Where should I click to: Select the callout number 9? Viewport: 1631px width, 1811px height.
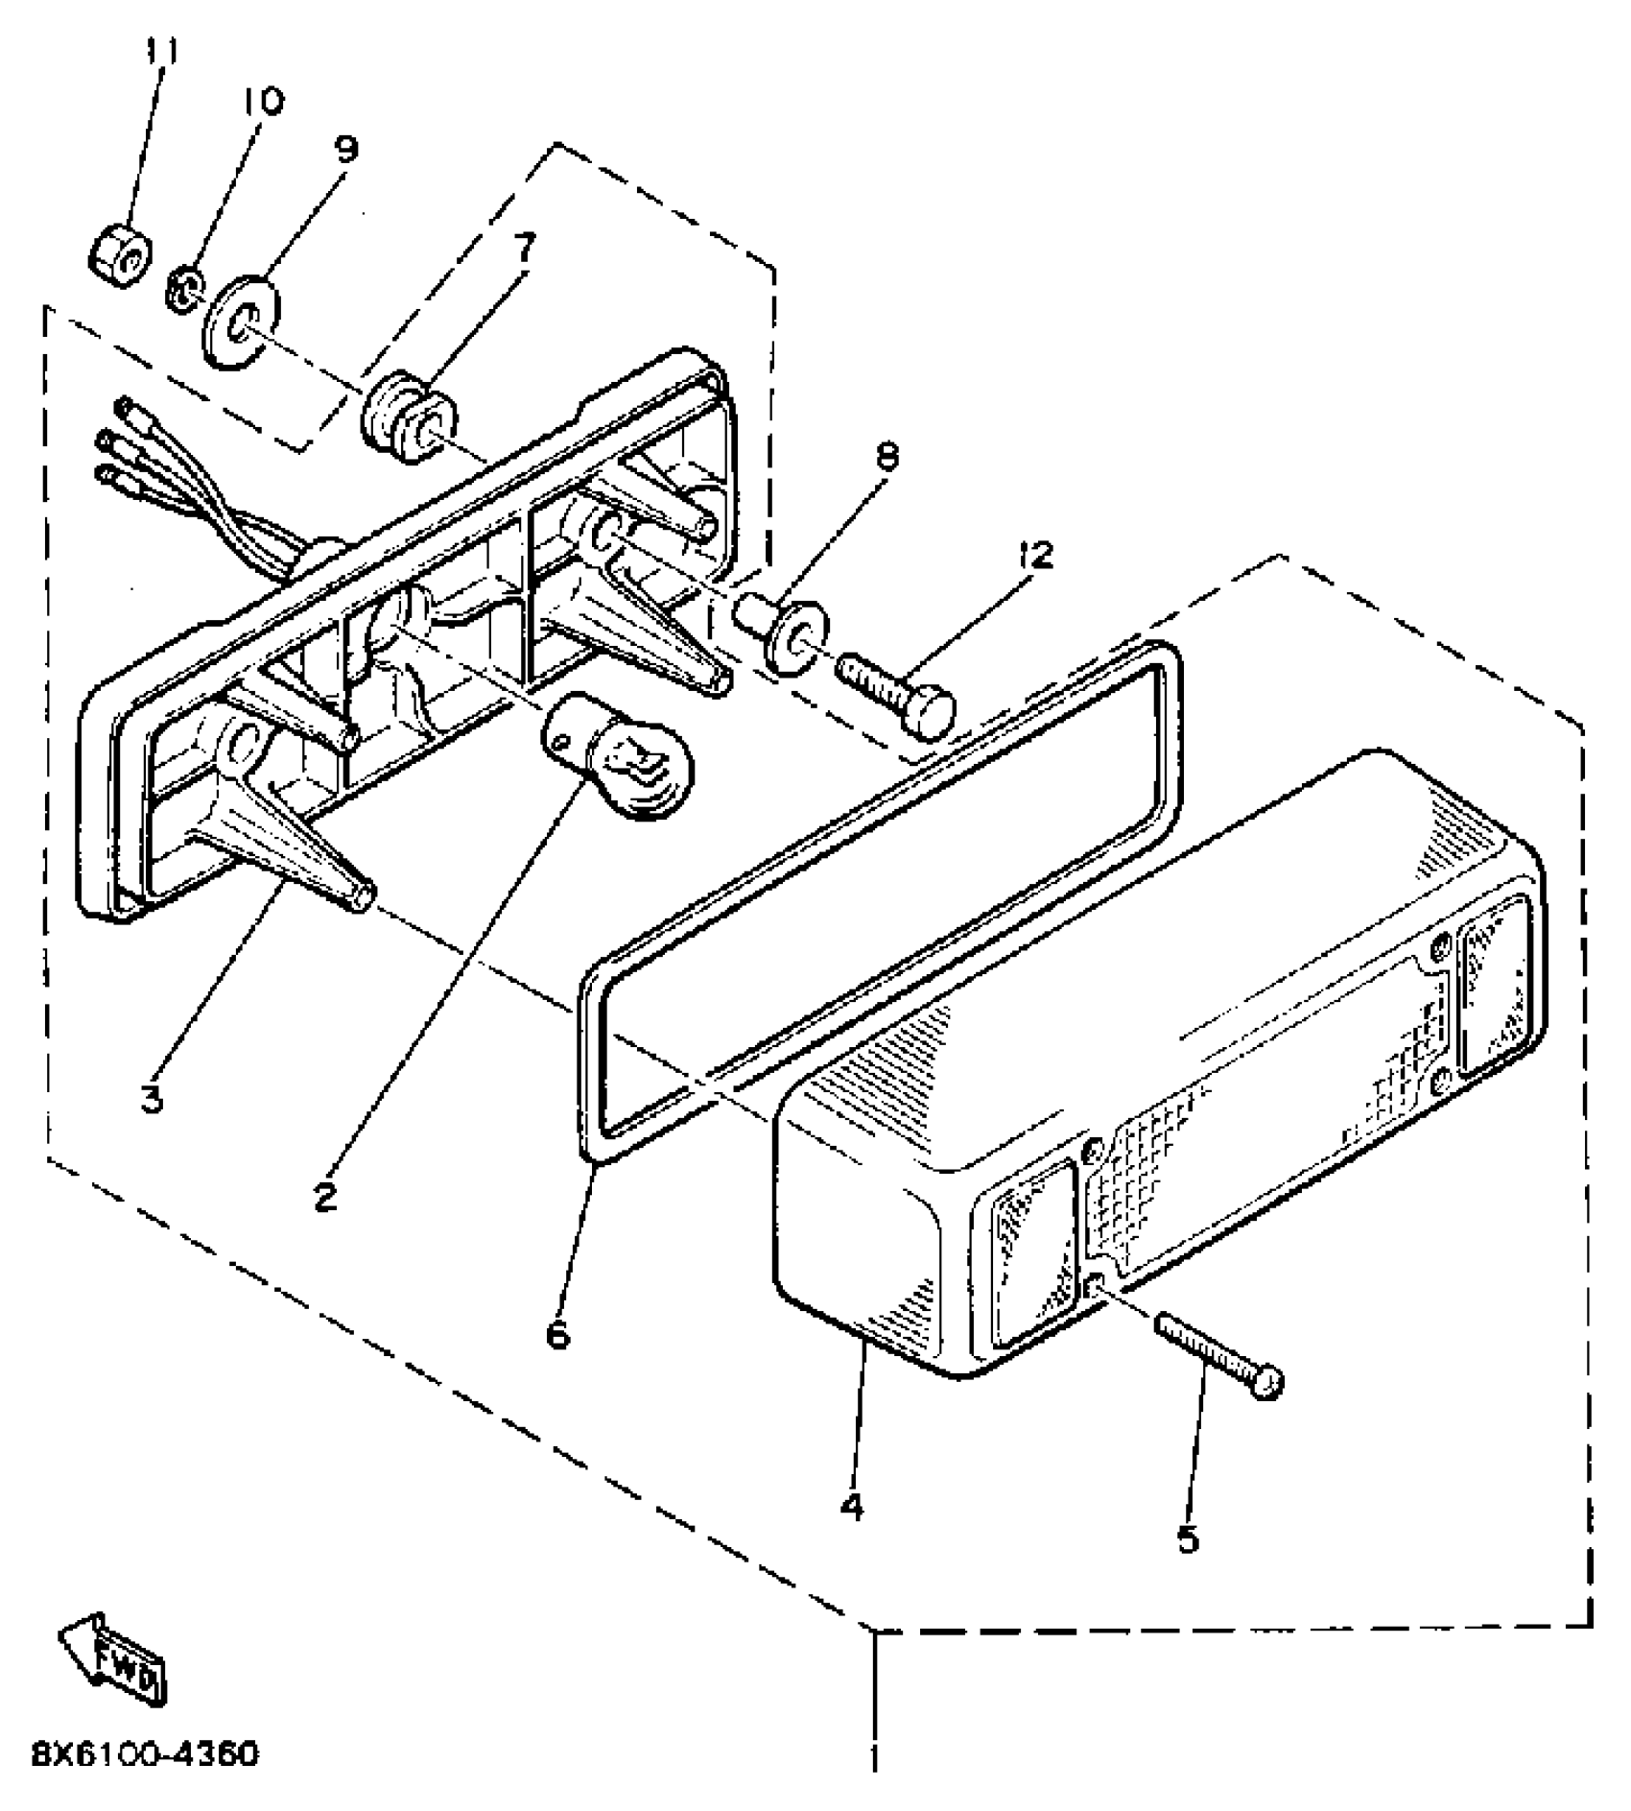pyautogui.click(x=346, y=149)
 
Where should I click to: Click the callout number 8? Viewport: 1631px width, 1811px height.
pyautogui.click(x=886, y=456)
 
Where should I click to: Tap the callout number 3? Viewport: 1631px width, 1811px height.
pyautogui.click(x=151, y=1097)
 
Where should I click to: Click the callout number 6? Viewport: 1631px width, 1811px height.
pyautogui.click(x=557, y=1333)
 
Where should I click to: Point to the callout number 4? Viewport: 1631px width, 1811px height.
pyautogui.click(x=851, y=1507)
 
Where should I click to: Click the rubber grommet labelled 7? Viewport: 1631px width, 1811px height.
pyautogui.click(x=408, y=419)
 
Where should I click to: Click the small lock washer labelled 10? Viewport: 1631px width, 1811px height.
pyautogui.click(x=182, y=287)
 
